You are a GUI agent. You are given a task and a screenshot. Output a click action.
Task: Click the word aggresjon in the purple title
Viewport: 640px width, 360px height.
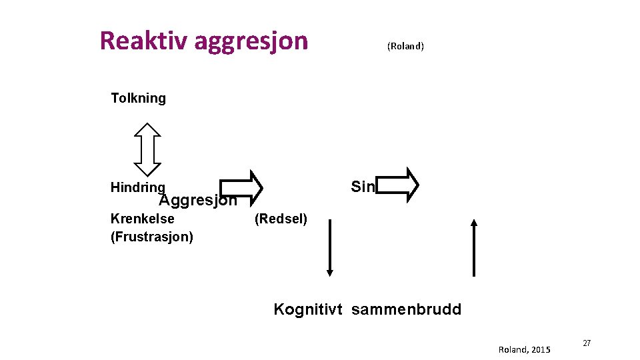(251, 41)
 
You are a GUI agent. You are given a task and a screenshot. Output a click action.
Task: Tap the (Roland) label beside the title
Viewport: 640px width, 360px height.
(405, 46)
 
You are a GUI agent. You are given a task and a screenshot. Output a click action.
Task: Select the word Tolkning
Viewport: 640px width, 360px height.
(138, 99)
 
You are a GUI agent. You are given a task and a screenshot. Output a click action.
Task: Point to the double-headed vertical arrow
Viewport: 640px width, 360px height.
(147, 149)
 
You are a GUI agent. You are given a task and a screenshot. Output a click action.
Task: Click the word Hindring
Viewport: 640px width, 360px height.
(137, 187)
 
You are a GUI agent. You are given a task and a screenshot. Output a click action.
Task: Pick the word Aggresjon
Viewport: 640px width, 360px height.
(197, 200)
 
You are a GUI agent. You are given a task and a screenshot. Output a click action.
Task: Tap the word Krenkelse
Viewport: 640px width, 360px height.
(142, 219)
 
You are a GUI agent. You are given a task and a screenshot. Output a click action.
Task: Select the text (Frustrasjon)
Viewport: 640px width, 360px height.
(151, 237)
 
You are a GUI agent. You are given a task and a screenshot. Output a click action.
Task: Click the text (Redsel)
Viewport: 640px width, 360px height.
(281, 219)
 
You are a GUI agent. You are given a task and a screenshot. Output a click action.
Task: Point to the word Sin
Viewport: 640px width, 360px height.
(363, 187)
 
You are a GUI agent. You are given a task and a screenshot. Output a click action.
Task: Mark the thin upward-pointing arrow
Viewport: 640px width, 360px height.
(473, 247)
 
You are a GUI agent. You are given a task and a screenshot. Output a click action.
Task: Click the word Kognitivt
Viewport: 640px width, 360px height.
(308, 309)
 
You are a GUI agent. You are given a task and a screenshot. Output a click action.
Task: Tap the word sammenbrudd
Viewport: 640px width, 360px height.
(406, 309)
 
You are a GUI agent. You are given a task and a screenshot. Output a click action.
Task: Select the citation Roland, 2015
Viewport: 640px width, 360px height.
(524, 349)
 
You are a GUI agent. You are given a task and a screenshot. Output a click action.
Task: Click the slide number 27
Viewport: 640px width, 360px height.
(587, 343)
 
